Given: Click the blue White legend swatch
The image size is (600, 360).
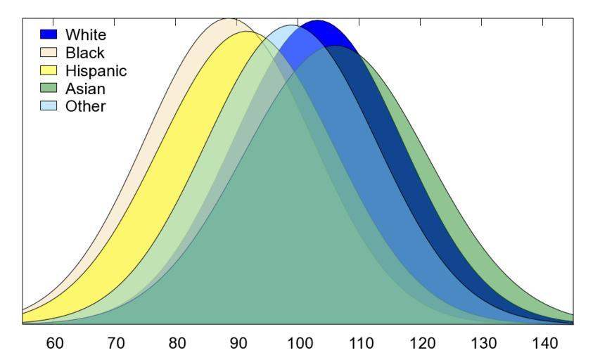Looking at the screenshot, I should click(x=49, y=34).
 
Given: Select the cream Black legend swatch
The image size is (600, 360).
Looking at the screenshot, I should click(x=49, y=52).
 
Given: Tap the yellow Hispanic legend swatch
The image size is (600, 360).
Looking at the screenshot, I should click(x=49, y=70).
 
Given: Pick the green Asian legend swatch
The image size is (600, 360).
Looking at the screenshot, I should click(x=49, y=89).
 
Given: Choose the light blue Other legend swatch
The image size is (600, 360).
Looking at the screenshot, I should click(x=49, y=107).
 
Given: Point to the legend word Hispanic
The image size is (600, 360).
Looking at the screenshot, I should click(x=96, y=70).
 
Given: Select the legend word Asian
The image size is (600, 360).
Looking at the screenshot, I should click(x=85, y=89).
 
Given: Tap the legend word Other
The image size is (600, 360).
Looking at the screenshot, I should click(x=85, y=107).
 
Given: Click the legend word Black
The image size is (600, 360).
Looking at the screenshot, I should click(x=84, y=52).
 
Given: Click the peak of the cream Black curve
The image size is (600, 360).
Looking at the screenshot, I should click(x=228, y=19).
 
